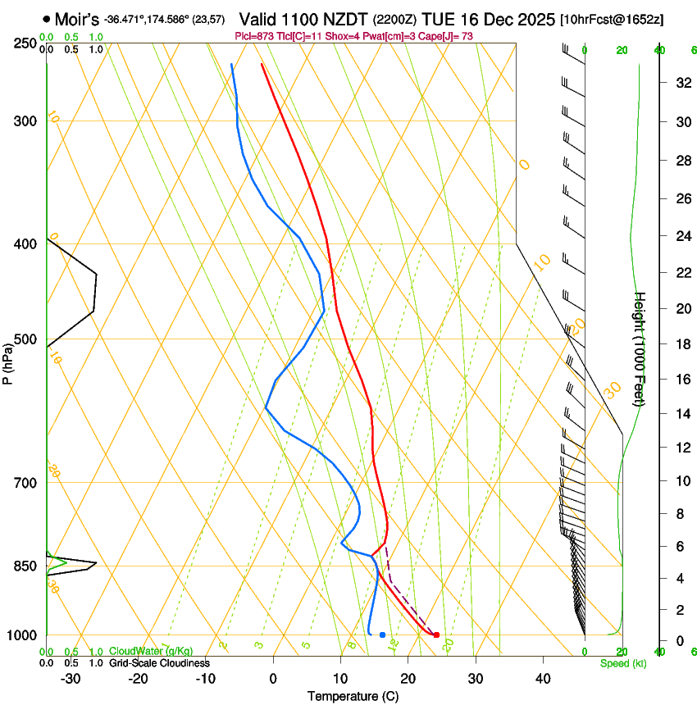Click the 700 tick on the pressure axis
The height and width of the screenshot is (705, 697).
(25, 483)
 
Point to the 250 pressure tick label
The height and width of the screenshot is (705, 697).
(25, 43)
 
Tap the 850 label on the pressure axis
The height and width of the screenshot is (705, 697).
(25, 566)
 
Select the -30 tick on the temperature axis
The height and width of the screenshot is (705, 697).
(71, 678)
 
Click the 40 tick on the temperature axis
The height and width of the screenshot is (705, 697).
(542, 678)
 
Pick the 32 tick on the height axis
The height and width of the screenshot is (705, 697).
(681, 82)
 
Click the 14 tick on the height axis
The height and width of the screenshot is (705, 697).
(681, 414)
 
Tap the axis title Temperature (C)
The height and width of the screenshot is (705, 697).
(353, 696)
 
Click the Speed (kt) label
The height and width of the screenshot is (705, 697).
(623, 663)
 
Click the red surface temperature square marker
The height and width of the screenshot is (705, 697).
(436, 635)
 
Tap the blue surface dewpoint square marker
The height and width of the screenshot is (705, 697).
(382, 635)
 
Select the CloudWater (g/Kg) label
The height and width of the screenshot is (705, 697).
(146, 652)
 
